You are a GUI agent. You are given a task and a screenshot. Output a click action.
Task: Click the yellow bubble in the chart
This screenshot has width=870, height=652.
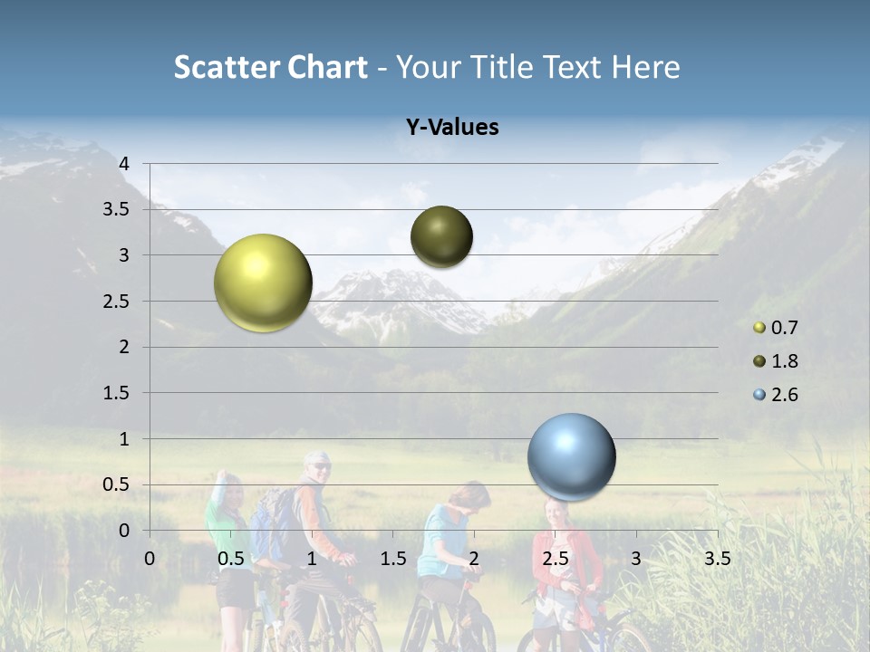point(263,283)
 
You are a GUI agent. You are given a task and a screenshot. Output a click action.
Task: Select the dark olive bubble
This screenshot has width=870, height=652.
point(441,236)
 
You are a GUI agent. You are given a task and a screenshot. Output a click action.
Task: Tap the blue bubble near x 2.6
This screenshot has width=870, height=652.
point(571,456)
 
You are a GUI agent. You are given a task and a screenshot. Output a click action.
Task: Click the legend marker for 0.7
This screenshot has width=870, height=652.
point(759,328)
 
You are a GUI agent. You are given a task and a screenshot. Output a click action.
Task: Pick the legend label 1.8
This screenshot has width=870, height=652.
point(784,361)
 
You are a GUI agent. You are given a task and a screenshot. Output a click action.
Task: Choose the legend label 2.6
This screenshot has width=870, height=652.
point(784,395)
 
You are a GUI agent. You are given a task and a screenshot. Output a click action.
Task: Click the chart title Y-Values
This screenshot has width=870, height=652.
point(452,128)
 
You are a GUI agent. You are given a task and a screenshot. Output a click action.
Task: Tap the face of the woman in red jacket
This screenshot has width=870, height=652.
point(555,513)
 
